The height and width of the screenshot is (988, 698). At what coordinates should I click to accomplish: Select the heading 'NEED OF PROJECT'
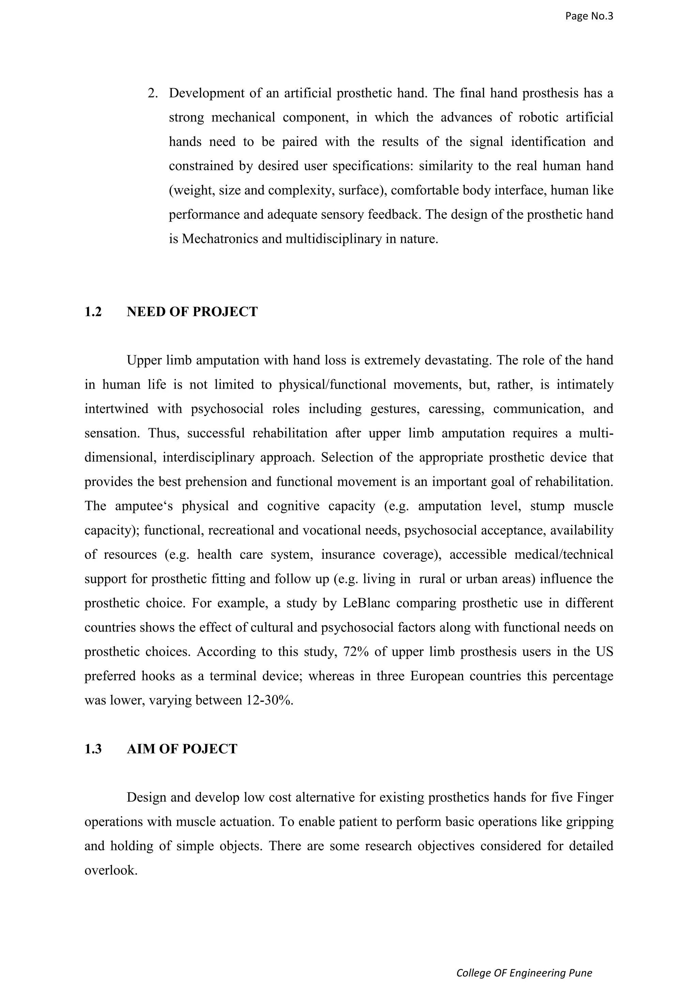coord(192,312)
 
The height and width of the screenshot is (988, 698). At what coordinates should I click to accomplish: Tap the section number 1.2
coord(93,312)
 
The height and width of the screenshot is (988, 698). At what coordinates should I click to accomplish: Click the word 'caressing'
coord(456,409)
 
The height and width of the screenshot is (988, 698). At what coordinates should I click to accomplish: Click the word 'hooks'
coord(158,676)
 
